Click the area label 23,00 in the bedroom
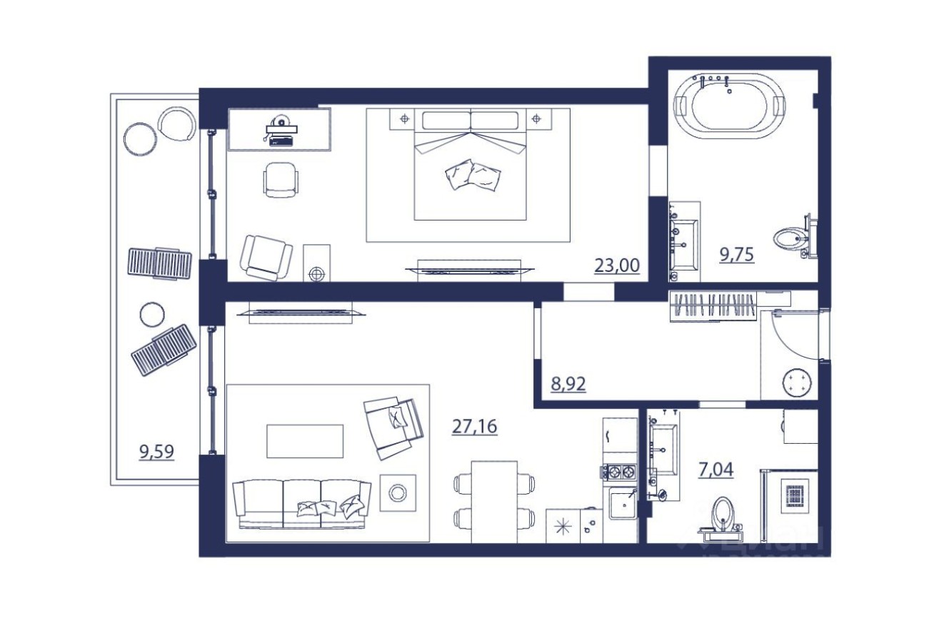tap(617, 265)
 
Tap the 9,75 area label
tap(736, 255)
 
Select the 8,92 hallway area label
tap(568, 385)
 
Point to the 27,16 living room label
tap(474, 426)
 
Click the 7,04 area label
tap(716, 470)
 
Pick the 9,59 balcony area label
tap(156, 451)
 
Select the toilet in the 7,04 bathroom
tap(723, 513)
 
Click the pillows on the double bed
tap(471, 175)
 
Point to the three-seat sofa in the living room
tap(301, 503)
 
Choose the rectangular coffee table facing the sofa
tap(305, 441)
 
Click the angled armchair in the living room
tap(392, 425)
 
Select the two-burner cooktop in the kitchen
tap(618, 471)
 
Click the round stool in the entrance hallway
tap(796, 382)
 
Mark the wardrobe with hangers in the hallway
tap(714, 307)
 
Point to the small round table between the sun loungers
tap(151, 314)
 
